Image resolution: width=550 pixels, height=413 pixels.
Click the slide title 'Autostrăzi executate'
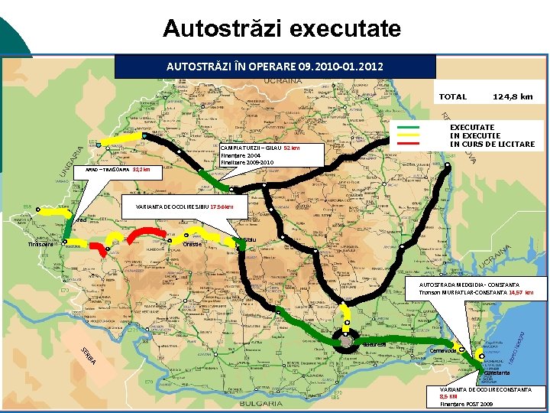281,29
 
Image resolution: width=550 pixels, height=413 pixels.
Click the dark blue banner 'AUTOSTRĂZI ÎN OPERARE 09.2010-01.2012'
275,67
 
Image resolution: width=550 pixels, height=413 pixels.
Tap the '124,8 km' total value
513,97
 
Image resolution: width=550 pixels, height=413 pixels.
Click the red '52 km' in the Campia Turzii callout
292,148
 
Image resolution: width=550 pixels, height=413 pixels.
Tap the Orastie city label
192,244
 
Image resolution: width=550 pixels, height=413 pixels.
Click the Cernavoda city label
443,350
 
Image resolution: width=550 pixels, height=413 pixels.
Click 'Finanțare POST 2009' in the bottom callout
466,404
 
